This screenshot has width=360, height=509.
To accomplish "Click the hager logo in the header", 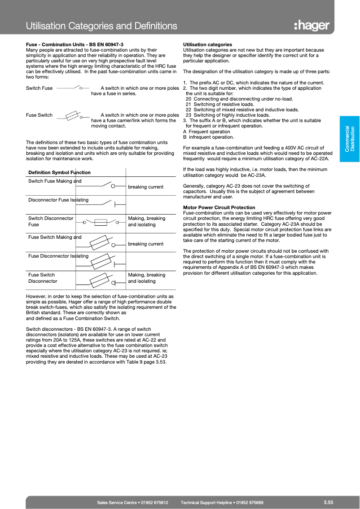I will pos(312,26).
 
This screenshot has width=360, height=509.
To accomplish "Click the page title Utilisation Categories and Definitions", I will pos(101,26).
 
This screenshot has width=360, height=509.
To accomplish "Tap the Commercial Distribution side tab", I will pos(350,138).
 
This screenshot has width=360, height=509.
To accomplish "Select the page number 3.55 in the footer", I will pos(328,502).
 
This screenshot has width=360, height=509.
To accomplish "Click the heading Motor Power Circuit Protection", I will pos(219,207).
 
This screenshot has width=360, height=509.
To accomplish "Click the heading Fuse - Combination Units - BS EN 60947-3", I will pos(75,44).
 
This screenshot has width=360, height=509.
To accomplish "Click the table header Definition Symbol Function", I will pos(59,172).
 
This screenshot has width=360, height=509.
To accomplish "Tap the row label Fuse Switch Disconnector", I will pos(43,278).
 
